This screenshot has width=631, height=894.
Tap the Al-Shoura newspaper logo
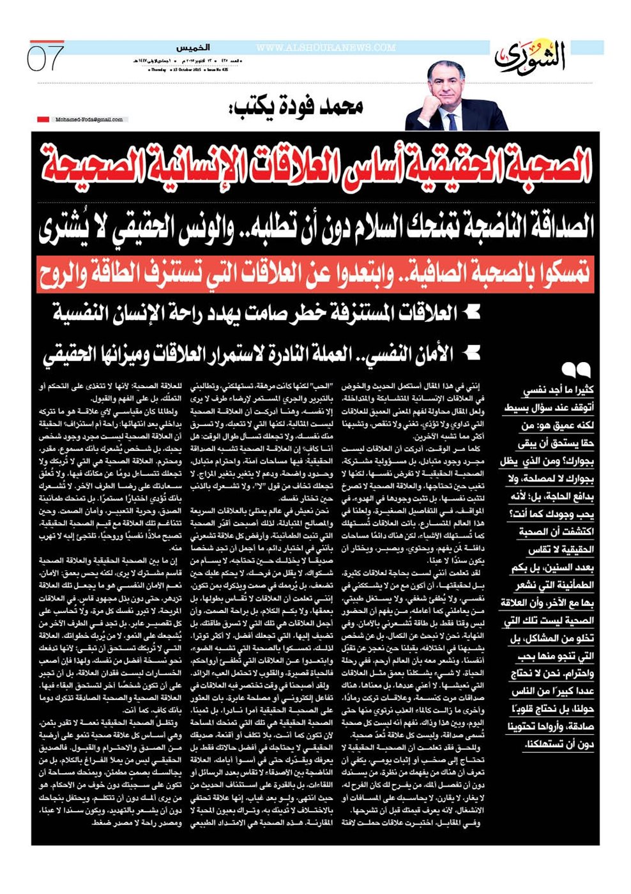click(x=529, y=57)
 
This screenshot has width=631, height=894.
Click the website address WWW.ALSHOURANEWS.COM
click(x=326, y=48)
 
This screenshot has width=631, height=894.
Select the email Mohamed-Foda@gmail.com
click(x=89, y=119)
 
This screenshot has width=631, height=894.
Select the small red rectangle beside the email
click(x=43, y=119)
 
